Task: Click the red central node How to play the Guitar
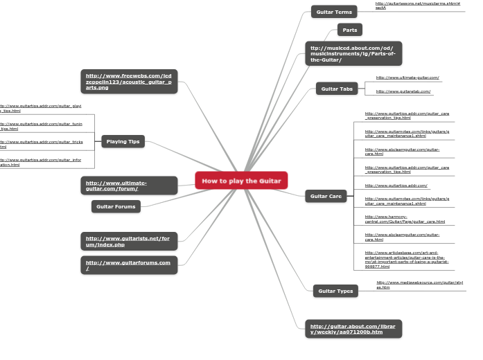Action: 241,181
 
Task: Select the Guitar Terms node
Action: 333,12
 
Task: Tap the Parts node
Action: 350,30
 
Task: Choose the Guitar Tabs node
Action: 337,89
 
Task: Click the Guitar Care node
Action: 326,196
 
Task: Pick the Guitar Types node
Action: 335,291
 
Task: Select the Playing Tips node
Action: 123,141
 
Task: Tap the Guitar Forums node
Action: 116,206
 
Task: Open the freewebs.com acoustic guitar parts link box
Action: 129,82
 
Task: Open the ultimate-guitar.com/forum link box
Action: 129,186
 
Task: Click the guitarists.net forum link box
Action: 129,242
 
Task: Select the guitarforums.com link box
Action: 129,265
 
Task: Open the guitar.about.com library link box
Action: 353,329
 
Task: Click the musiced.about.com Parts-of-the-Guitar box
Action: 353,53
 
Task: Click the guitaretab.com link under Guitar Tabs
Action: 403,91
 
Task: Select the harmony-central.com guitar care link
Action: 405,219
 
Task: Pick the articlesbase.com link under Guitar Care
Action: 407,259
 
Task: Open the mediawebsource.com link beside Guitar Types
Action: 419,285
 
